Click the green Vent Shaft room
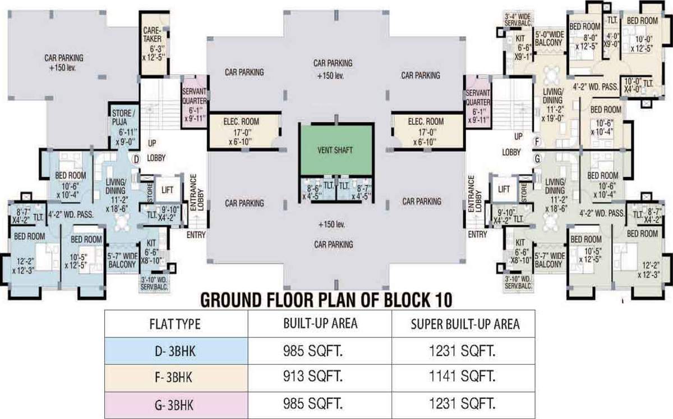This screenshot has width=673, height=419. tap(336, 150)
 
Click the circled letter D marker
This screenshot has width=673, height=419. tap(135, 160)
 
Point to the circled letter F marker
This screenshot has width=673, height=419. tap(537, 141)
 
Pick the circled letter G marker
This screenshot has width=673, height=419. tap(537, 159)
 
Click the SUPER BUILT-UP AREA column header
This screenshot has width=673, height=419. tap(465, 324)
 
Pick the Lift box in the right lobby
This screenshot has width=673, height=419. tap(504, 190)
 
